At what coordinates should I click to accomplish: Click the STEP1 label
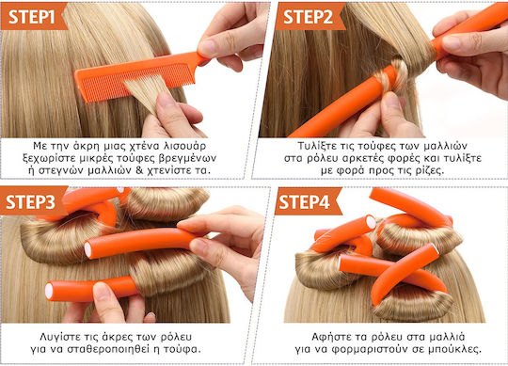(31, 17)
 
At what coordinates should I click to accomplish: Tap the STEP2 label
(309, 17)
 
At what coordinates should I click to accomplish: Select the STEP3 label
(30, 201)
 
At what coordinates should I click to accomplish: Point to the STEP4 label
(304, 201)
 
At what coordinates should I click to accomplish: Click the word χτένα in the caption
(140, 147)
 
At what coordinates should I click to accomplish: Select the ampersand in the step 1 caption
(139, 170)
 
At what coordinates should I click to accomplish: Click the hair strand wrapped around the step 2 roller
(393, 75)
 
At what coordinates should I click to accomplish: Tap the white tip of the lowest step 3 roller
(49, 291)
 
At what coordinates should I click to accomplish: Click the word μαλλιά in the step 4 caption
(448, 337)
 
